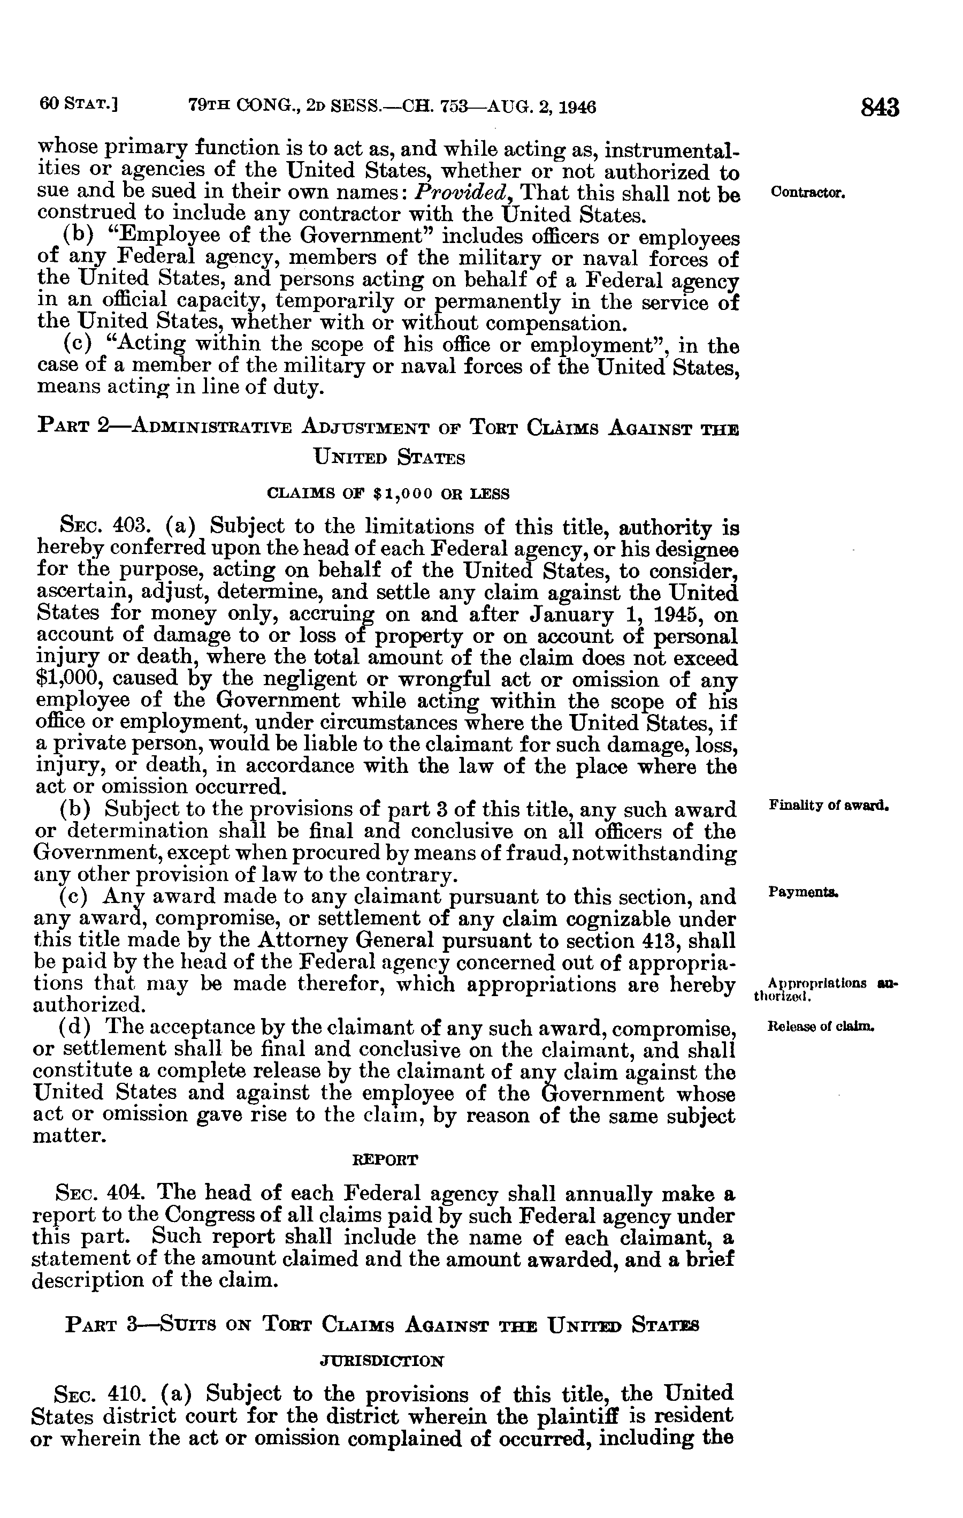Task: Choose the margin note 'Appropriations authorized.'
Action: point(822,989)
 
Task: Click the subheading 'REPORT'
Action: point(384,1159)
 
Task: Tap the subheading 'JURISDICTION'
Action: point(383,1361)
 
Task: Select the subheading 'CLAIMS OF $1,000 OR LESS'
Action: point(388,494)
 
